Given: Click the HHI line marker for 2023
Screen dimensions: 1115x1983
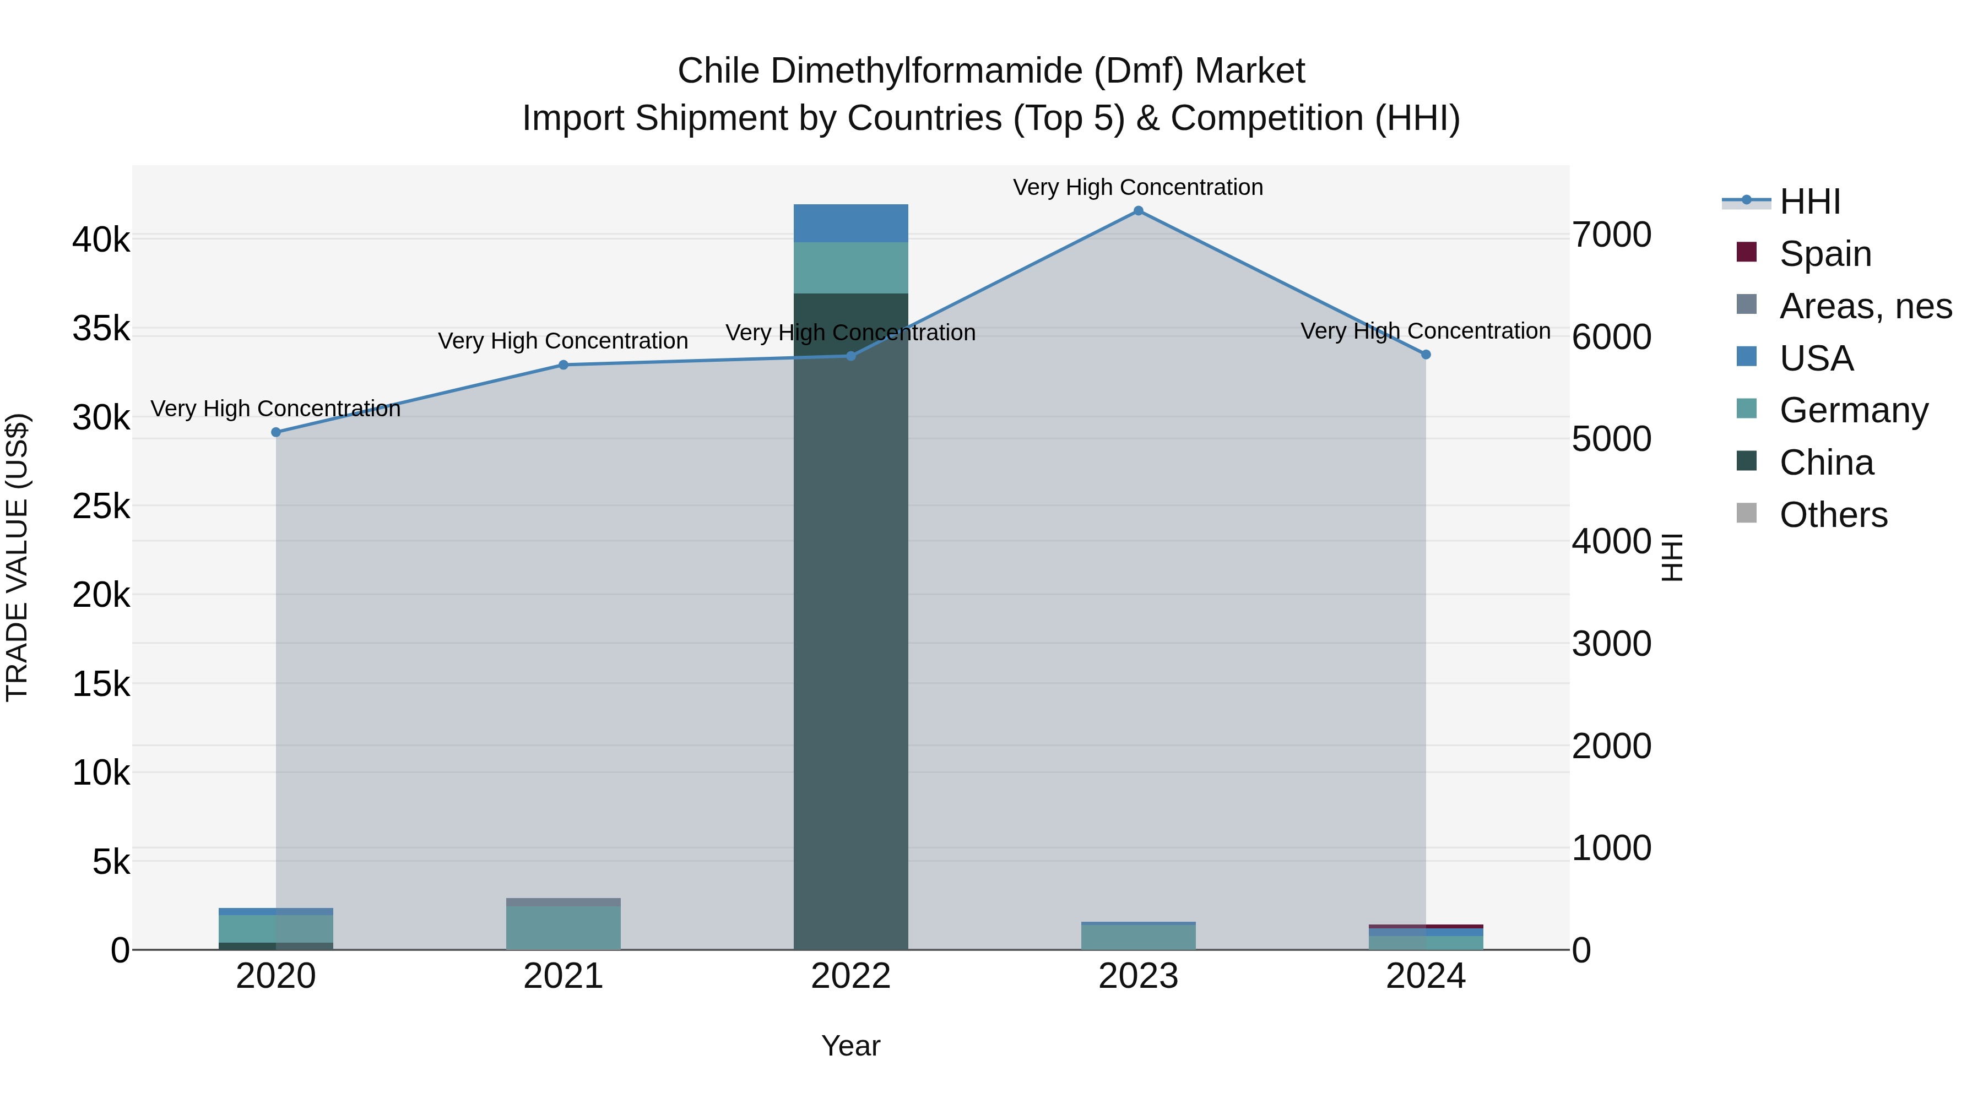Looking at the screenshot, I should [x=1138, y=211].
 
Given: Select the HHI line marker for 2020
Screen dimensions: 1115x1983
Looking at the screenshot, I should [x=275, y=432].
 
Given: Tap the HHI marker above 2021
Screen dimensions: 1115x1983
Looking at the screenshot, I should [x=563, y=365].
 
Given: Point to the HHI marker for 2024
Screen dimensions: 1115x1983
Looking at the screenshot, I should [x=1425, y=355].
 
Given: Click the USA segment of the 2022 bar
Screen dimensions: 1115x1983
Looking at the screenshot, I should [x=850, y=223].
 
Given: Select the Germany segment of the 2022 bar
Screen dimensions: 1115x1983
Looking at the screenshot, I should [x=850, y=268].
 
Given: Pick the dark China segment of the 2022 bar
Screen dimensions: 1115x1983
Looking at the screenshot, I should [x=850, y=616].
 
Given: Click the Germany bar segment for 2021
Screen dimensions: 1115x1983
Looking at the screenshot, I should [x=563, y=927].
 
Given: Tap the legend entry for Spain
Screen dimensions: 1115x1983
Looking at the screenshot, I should [x=1824, y=254].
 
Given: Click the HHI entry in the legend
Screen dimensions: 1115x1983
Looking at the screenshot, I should [x=1809, y=202].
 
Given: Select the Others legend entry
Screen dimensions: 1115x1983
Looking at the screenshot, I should [x=1833, y=515].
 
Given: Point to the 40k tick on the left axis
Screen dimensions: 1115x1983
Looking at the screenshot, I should [x=101, y=240].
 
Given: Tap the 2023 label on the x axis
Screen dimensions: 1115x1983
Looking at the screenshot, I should [x=1138, y=976].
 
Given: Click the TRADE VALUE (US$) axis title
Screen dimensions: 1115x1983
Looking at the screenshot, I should [x=18, y=557].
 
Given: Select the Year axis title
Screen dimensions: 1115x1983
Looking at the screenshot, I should [x=850, y=1046].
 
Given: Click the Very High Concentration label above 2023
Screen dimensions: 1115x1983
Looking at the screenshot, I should [x=1138, y=187].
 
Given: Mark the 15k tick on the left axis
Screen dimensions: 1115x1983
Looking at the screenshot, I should [x=101, y=684].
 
